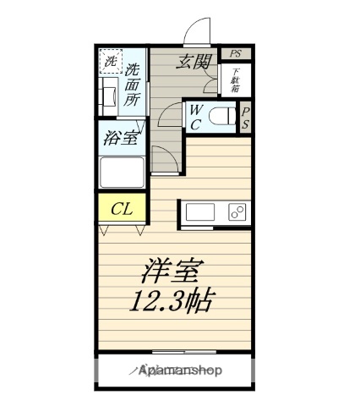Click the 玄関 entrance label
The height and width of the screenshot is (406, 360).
point(193,63)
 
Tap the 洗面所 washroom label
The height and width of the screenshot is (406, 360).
point(134,84)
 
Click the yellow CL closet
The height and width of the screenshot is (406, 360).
point(122,208)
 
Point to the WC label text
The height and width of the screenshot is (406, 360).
point(194,116)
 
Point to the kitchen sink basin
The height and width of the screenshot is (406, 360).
point(199,211)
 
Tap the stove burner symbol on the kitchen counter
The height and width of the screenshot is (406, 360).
point(237,211)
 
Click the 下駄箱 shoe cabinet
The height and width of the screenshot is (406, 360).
point(235,80)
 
